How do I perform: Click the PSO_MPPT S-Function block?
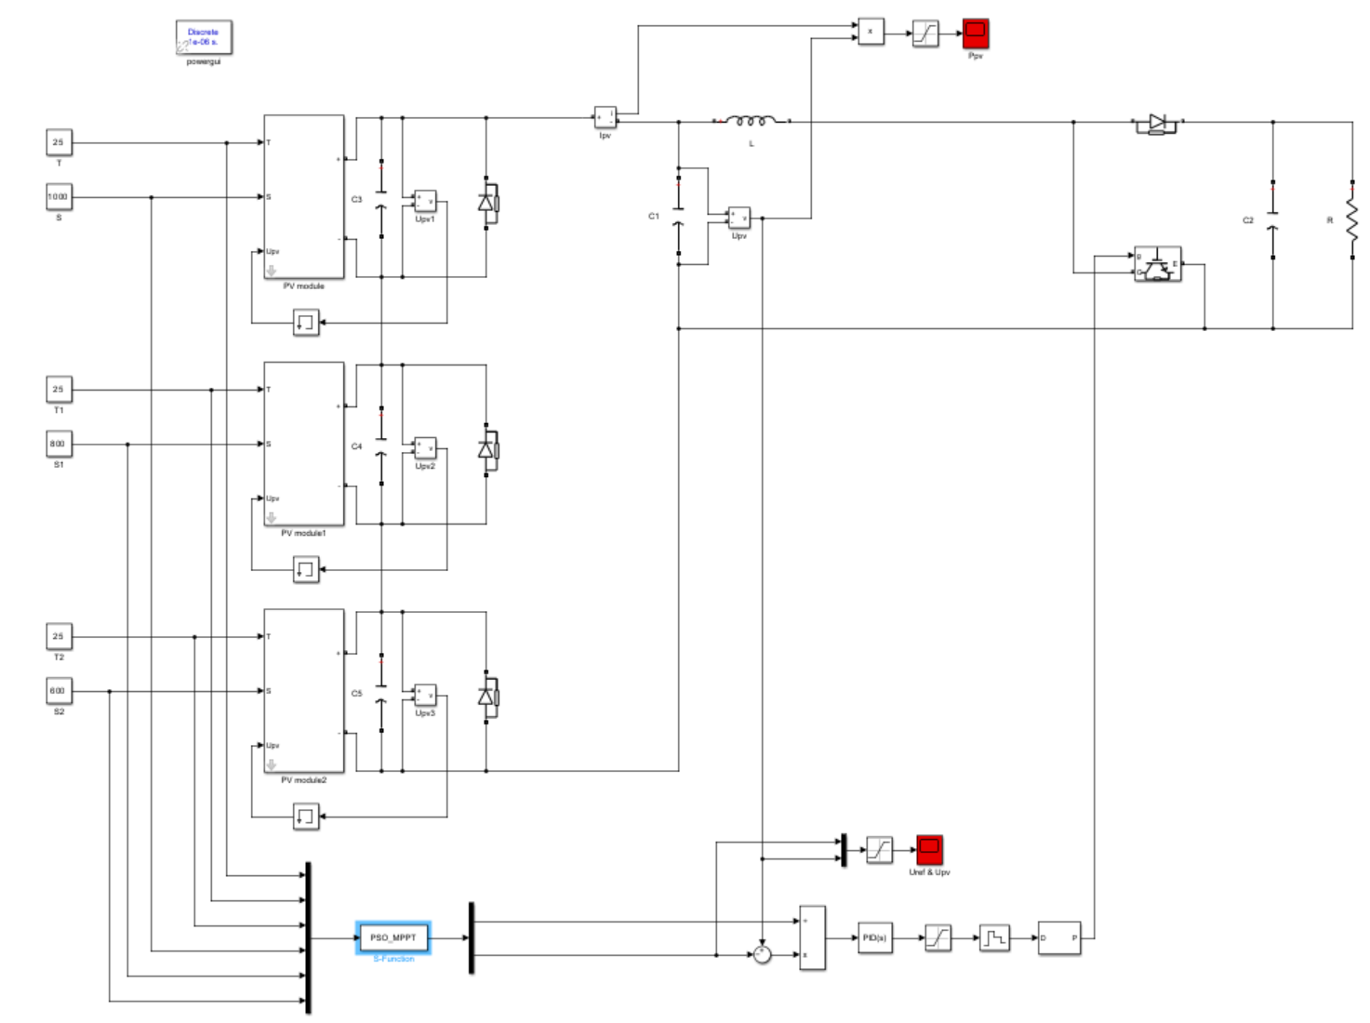point(392,937)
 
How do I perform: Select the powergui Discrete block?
point(204,38)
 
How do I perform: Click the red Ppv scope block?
point(975,33)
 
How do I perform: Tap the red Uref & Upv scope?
point(929,849)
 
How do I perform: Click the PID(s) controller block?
point(874,937)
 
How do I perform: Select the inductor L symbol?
point(751,121)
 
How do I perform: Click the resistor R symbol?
point(1351,220)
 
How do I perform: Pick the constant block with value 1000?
point(59,197)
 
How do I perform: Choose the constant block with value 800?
point(59,445)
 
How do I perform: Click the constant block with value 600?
point(59,691)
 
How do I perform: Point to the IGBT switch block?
point(1157,264)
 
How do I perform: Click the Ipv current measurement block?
point(605,118)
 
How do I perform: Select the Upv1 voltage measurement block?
point(425,202)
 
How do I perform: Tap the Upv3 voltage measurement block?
point(425,696)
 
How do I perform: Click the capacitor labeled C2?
point(1272,220)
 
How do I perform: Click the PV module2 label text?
point(303,780)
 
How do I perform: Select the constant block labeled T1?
point(59,390)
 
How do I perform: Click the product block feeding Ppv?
point(871,32)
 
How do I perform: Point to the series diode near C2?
point(1156,123)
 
